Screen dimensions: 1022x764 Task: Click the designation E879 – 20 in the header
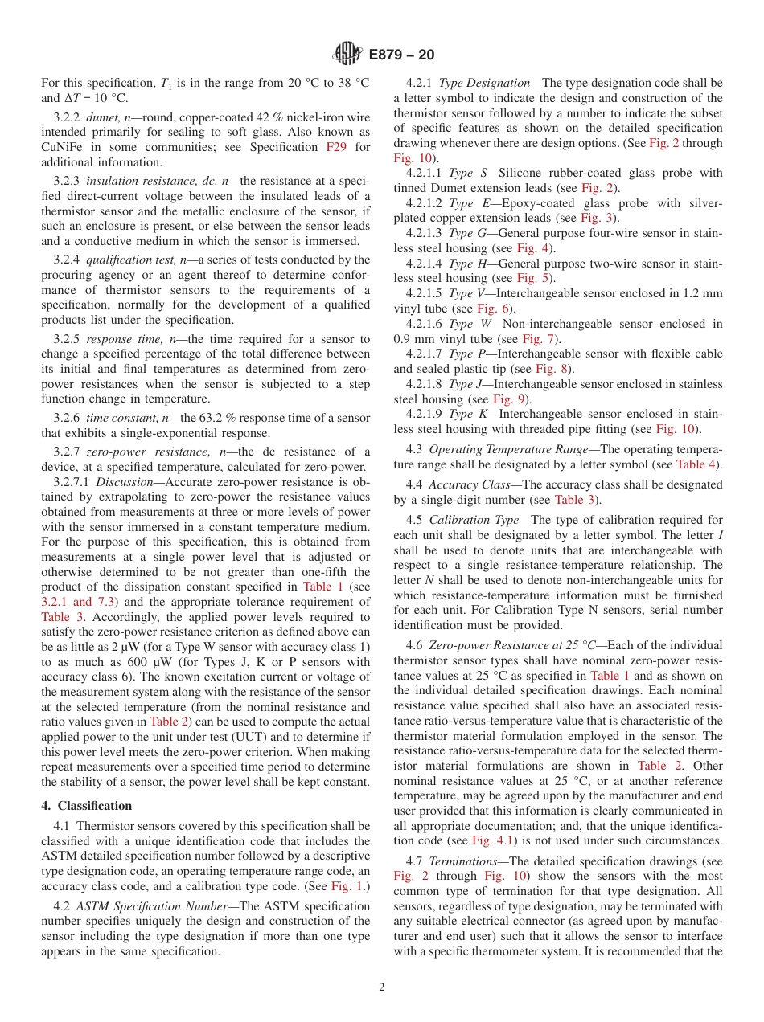pyautogui.click(x=401, y=55)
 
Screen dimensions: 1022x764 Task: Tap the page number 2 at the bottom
pyautogui.click(x=382, y=987)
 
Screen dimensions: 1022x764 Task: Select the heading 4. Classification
pyautogui.click(x=86, y=806)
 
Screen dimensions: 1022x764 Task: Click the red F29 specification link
pyautogui.click(x=335, y=147)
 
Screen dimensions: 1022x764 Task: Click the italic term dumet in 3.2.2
pyautogui.click(x=102, y=117)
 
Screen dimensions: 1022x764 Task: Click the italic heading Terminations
pyautogui.click(x=462, y=862)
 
